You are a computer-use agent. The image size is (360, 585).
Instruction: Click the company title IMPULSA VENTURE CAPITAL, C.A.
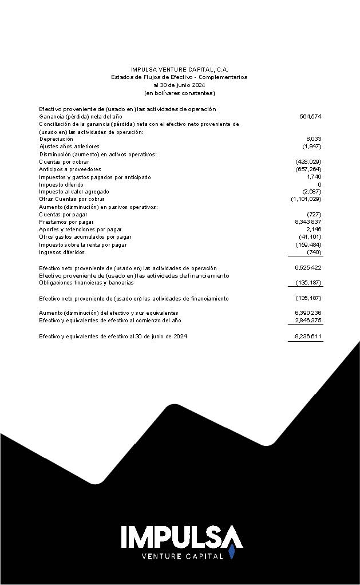coord(179,69)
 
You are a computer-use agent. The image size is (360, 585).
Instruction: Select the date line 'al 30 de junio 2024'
coord(179,85)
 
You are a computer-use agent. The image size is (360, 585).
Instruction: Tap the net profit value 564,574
coord(310,116)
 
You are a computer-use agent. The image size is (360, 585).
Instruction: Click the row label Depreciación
coord(56,139)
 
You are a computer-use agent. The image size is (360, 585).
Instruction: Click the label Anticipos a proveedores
coord(70,169)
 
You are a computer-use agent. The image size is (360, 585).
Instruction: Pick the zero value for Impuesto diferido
coord(319,184)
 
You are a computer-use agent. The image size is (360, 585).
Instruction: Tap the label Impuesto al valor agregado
coord(74,192)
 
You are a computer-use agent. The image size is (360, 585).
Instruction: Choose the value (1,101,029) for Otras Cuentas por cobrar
coord(306,199)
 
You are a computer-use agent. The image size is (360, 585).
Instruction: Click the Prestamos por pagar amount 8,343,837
coord(308,222)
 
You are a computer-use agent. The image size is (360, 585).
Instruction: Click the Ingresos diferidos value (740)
coord(314,252)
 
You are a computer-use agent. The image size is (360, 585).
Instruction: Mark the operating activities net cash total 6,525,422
coord(308,268)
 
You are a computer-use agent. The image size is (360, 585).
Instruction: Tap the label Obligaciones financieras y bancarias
coord(86,282)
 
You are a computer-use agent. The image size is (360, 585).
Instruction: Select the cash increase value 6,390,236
coord(308,313)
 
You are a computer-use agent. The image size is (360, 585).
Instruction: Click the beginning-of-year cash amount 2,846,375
coord(308,321)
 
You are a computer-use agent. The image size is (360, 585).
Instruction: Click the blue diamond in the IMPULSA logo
coord(232,552)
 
